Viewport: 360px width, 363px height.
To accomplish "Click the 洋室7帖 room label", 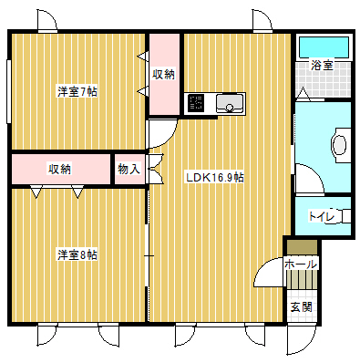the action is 77,91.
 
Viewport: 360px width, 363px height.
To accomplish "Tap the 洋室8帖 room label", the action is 77,254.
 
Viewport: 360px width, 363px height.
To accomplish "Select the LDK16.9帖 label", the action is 215,177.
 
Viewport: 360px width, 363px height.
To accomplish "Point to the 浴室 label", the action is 322,65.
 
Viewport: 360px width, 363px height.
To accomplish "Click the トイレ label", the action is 322,216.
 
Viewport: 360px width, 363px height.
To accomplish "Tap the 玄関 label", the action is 301,307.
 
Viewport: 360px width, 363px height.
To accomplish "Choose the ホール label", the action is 301,264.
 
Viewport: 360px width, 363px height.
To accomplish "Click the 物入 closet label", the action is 129,169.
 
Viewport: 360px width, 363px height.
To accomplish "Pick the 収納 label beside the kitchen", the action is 164,74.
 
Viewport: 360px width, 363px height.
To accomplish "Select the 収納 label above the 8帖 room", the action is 60,169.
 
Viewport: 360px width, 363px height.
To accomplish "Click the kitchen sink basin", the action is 230,103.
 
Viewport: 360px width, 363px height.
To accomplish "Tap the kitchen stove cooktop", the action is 196,102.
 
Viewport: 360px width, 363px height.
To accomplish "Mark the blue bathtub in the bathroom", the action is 324,47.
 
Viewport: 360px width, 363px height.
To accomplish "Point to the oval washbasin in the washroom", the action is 339,145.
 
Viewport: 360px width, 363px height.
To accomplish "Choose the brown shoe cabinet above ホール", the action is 303,247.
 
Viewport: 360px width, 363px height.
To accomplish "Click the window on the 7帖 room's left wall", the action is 9,91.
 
